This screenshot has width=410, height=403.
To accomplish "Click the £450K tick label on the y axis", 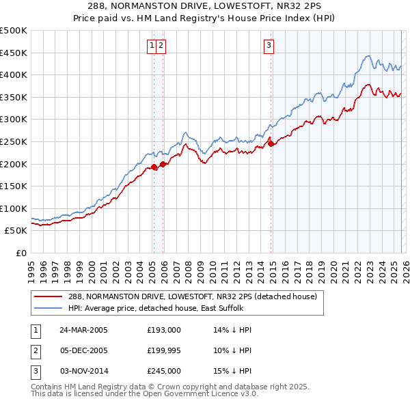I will pyautogui.click(x=14, y=53).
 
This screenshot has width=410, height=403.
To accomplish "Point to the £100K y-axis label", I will pyautogui.click(x=14, y=208).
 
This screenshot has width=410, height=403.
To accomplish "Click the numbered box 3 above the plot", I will pyautogui.click(x=269, y=46).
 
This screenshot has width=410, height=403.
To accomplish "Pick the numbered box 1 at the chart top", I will pyautogui.click(x=151, y=46).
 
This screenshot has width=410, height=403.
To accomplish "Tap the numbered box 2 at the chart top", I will pyautogui.click(x=161, y=46).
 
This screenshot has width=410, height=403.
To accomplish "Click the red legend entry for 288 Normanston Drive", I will pyautogui.click(x=192, y=297).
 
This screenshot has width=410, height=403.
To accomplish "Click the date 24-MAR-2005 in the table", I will pyautogui.click(x=83, y=330).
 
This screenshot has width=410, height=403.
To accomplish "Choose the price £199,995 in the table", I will pyautogui.click(x=164, y=350).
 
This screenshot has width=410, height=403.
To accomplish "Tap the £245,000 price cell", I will pyautogui.click(x=164, y=371).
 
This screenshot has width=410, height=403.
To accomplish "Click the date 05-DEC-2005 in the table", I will pyautogui.click(x=83, y=350).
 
